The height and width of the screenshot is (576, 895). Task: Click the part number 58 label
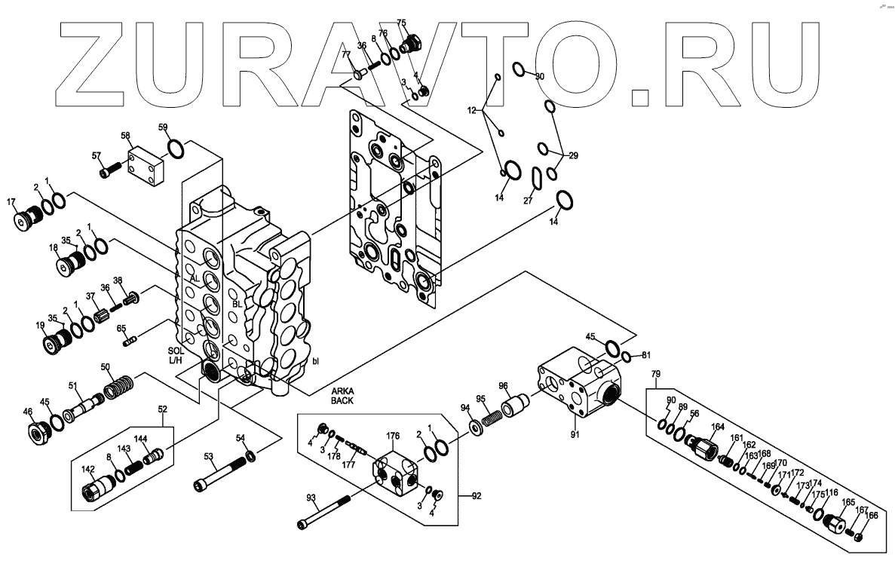coord(126,136)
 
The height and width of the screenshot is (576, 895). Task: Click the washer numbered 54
coord(250,457)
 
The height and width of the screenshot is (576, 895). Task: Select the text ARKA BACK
coord(342,396)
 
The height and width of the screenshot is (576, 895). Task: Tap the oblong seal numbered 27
coord(537,178)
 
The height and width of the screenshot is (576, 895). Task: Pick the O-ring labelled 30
coord(519,70)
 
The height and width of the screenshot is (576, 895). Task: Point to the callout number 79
coord(655,374)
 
